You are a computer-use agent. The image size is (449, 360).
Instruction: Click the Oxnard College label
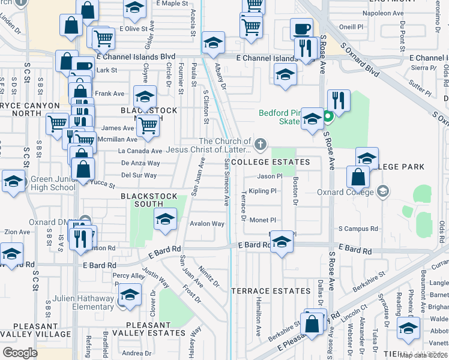pyautogui.click(x=349, y=193)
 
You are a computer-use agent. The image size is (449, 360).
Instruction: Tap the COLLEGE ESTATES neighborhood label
pyautogui.click(x=270, y=162)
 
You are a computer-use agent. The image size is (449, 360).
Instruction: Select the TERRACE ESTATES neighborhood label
pyautogui.click(x=272, y=291)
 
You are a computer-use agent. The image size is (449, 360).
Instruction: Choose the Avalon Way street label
pyautogui.click(x=207, y=224)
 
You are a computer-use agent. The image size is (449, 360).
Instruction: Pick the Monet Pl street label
pyautogui.click(x=262, y=220)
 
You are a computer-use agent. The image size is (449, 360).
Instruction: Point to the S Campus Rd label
pyautogui.click(x=358, y=229)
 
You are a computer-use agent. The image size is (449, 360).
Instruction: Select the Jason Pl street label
pyautogui.click(x=270, y=176)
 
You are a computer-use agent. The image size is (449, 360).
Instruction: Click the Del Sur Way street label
pyautogui.click(x=139, y=176)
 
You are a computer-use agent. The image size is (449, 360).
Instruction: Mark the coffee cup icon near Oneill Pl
pyautogui.click(x=301, y=28)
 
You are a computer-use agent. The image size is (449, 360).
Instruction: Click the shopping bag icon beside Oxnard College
pyautogui.click(x=358, y=176)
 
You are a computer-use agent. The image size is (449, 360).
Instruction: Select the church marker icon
pyautogui.click(x=259, y=143)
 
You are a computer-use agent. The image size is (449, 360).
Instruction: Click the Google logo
pyautogui.click(x=20, y=353)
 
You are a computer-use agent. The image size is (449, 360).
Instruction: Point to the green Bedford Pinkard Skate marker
pyautogui.click(x=328, y=117)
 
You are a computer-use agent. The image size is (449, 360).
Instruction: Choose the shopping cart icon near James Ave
pyautogui.click(x=147, y=126)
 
